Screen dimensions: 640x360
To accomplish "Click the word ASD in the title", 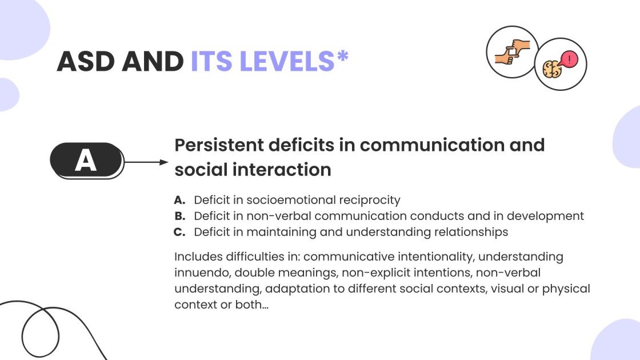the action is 86,62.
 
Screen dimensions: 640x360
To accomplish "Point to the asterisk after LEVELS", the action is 343,56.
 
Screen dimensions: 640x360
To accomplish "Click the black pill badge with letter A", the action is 86,161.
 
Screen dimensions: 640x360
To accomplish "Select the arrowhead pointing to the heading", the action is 163,162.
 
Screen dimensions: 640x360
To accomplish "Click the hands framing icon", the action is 512,52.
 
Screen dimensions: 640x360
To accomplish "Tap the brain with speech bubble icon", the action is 560,64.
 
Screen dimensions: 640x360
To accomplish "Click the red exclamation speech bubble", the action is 569,59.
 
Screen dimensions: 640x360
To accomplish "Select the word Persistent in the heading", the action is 219,145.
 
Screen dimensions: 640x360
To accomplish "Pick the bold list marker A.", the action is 179,200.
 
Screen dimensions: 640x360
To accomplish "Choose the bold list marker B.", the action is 179,216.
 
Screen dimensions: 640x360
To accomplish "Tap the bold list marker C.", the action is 179,232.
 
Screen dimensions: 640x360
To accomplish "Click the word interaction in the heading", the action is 282,169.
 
